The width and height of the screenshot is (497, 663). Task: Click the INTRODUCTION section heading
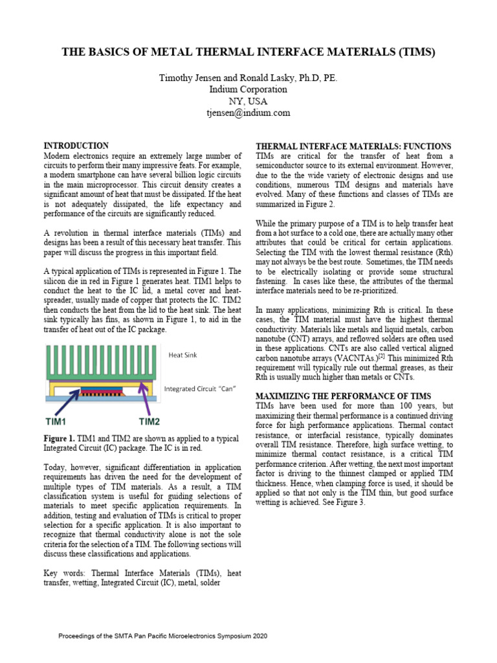(x=76, y=146)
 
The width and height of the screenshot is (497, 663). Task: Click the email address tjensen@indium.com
(x=248, y=113)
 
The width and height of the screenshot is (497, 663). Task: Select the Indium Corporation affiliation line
(x=248, y=89)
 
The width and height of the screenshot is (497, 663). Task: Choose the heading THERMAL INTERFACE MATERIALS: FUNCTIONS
(x=353, y=146)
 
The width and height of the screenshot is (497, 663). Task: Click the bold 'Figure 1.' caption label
(x=59, y=439)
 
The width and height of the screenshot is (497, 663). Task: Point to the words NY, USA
(x=248, y=101)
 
